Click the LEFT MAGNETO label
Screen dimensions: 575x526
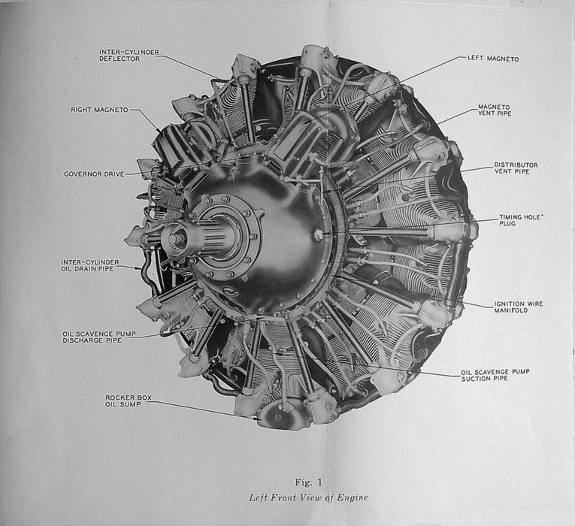point(493,59)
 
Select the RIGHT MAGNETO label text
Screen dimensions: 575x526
point(99,110)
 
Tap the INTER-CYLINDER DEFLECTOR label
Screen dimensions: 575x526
point(129,56)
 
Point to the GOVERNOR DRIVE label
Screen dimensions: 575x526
point(94,174)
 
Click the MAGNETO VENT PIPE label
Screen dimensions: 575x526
point(495,110)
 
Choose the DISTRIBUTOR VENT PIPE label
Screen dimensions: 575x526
point(516,168)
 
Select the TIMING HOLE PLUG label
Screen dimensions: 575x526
point(520,220)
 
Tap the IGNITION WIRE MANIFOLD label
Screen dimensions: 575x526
point(519,307)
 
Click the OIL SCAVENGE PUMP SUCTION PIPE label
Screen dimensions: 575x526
point(495,375)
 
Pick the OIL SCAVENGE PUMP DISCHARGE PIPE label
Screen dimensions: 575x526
point(99,337)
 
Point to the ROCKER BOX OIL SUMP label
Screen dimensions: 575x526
point(128,401)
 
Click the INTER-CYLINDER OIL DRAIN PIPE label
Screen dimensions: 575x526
point(90,265)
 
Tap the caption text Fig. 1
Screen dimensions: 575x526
point(308,482)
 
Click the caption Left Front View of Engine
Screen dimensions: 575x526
point(308,497)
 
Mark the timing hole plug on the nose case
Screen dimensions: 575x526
point(318,232)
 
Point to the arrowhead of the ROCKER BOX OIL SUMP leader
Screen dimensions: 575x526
point(258,418)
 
